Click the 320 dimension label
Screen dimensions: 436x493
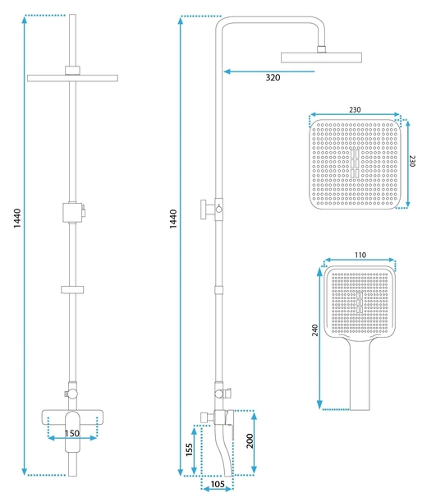[x=273, y=78]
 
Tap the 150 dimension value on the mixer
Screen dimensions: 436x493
[x=72, y=434]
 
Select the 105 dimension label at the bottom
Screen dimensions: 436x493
[x=218, y=484]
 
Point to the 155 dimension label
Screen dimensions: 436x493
[x=189, y=450]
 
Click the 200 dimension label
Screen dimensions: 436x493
[x=250, y=440]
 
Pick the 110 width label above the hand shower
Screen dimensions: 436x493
[x=360, y=255]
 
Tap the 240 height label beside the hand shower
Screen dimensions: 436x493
[x=314, y=330]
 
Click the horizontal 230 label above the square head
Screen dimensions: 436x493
[x=355, y=110]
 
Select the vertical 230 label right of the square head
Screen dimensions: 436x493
[x=412, y=161]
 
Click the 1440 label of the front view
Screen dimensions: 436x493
[x=17, y=219]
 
